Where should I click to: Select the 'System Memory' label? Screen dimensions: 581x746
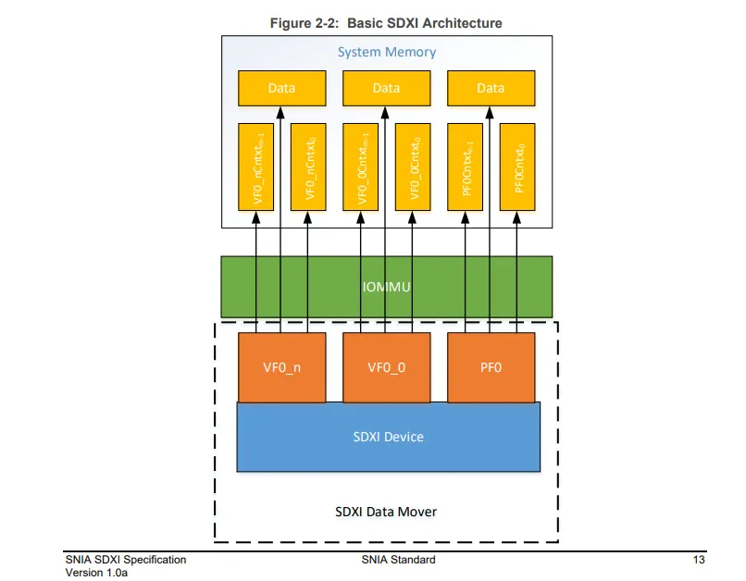tap(386, 52)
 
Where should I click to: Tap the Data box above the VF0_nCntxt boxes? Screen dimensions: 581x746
tap(281, 88)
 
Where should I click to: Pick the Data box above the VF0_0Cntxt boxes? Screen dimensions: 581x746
tap(386, 88)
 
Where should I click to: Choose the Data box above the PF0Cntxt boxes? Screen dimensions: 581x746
tap(491, 88)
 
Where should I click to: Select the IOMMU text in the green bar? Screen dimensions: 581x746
tap(386, 288)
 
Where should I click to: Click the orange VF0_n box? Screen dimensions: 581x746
tap(281, 367)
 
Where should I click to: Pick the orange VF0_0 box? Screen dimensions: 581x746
tap(386, 367)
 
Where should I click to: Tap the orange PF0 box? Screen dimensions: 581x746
tap(491, 367)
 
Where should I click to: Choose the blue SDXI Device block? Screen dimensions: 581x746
tap(388, 437)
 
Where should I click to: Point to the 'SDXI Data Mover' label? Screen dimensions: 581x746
tap(386, 511)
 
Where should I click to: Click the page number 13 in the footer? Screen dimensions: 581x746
tap(699, 560)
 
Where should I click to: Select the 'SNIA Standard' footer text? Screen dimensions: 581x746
tap(398, 560)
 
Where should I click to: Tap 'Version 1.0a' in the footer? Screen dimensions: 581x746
tap(96, 573)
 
